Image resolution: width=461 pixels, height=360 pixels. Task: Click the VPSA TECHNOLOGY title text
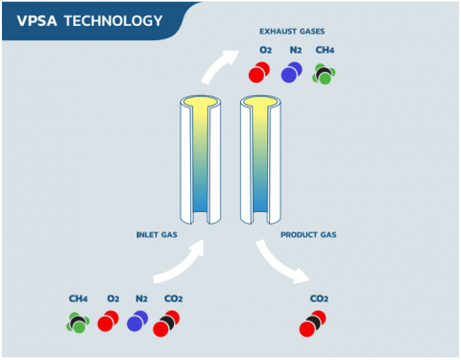click(x=89, y=19)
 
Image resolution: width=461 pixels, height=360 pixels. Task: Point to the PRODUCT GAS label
click(x=309, y=234)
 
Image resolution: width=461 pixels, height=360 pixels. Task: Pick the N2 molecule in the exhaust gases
click(x=293, y=72)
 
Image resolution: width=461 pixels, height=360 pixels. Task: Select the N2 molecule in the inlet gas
click(x=139, y=322)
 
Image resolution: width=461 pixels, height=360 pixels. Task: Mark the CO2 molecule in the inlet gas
click(x=170, y=323)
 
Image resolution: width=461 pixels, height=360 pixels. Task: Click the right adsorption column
click(x=260, y=158)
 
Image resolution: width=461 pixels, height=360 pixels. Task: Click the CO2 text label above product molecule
click(x=318, y=299)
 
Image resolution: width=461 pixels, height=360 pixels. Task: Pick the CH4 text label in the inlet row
click(x=78, y=299)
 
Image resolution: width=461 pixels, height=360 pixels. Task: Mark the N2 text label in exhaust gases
click(x=294, y=50)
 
